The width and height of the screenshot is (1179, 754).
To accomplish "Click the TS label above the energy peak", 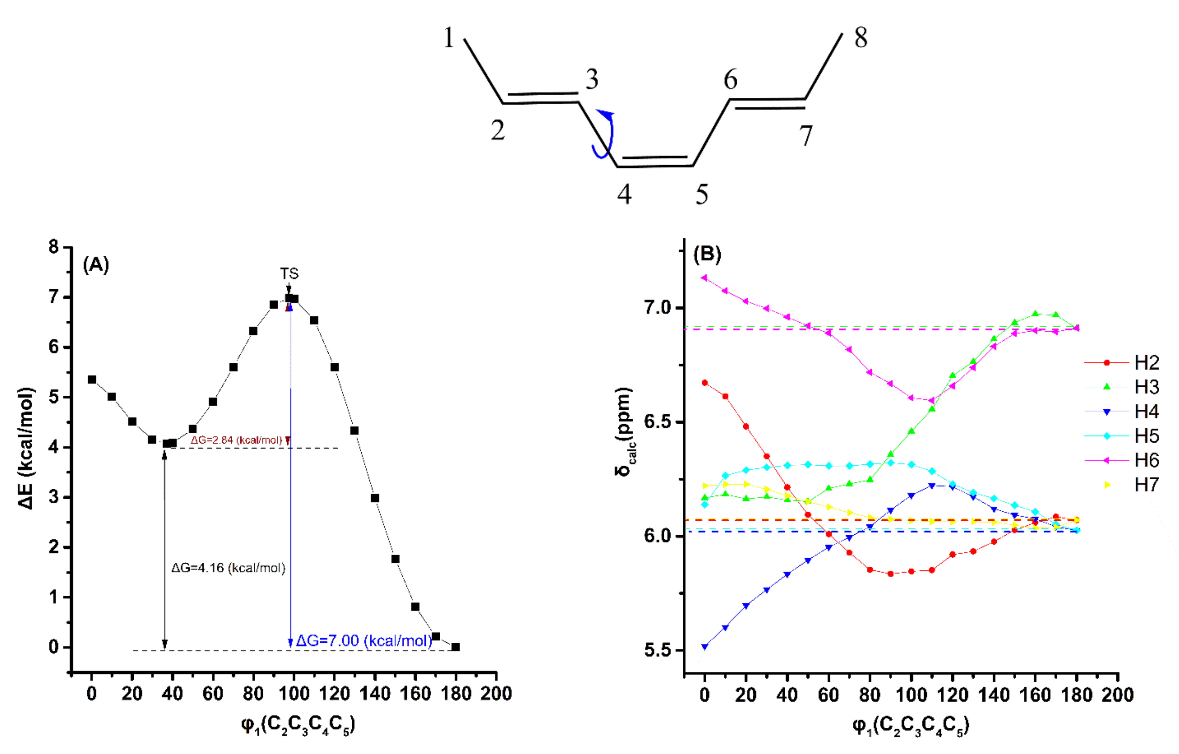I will point(289,274).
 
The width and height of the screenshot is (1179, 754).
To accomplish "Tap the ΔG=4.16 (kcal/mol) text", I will point(228,568).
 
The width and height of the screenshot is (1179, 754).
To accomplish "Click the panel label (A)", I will point(96,265).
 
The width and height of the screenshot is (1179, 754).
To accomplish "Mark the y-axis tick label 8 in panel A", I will point(53,247).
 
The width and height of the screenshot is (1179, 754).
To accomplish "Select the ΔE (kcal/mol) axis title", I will point(27,448).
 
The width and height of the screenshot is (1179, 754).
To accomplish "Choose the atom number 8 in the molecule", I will point(861,38).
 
